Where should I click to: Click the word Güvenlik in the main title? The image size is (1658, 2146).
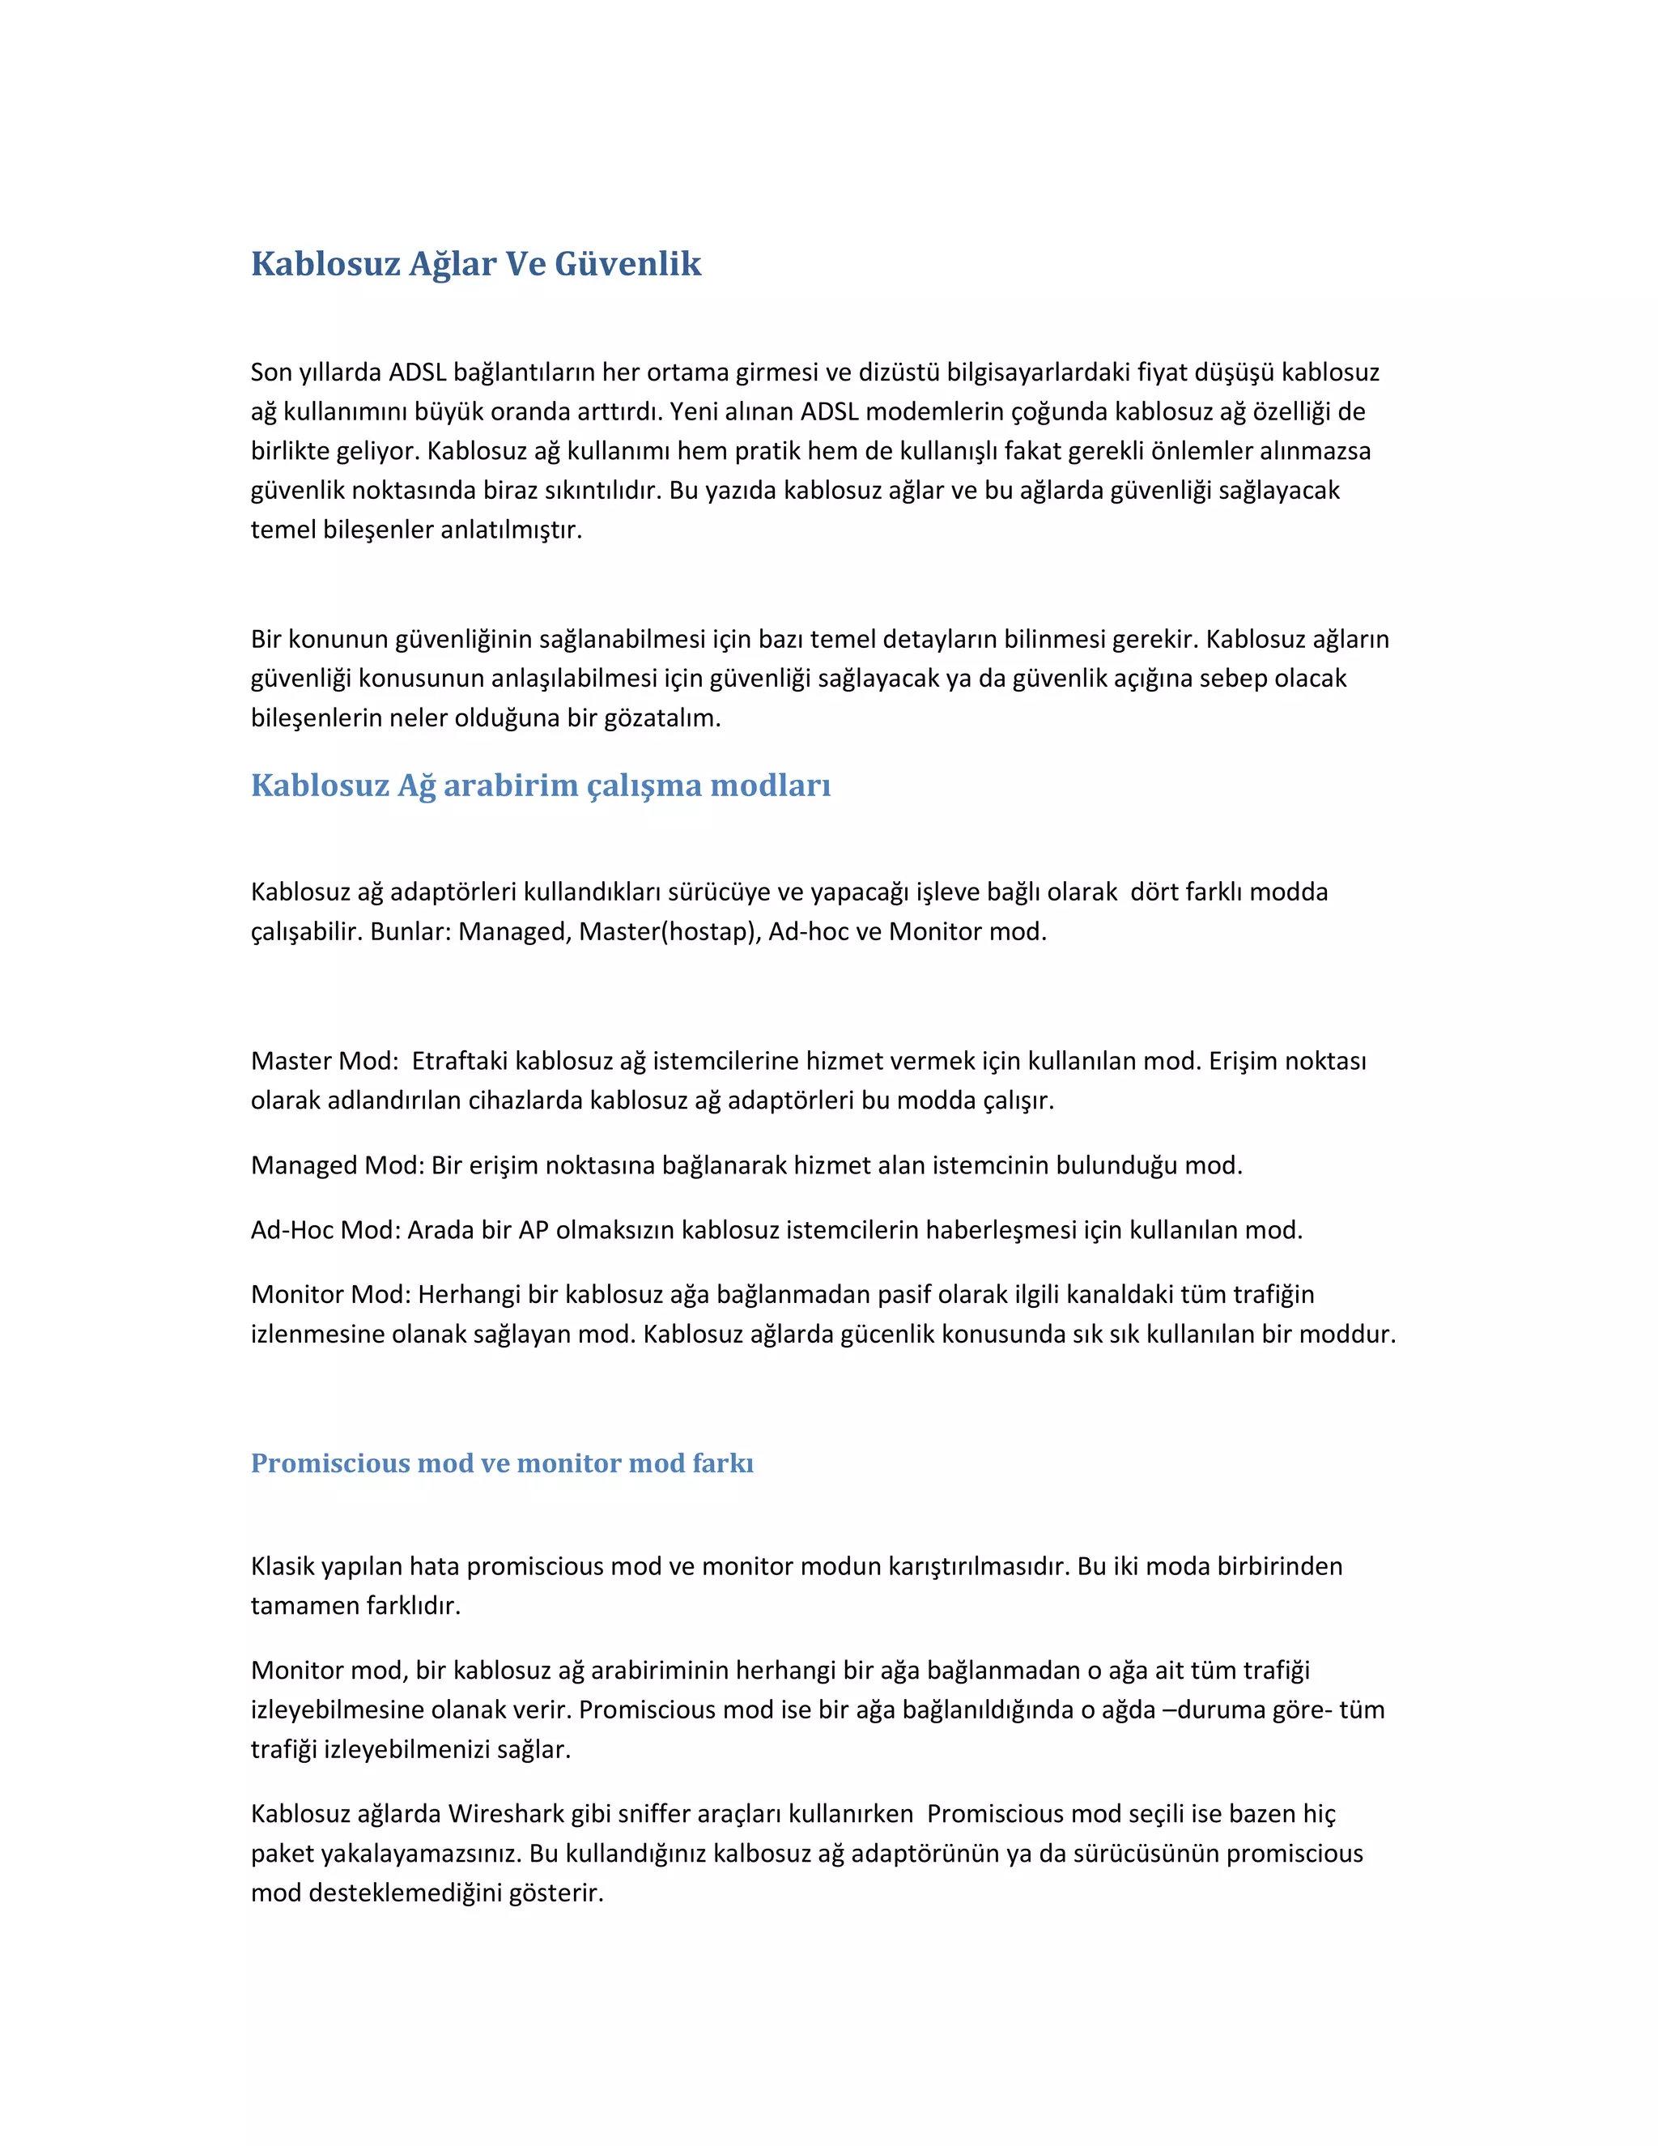click(627, 263)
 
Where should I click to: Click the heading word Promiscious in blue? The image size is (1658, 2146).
click(329, 1463)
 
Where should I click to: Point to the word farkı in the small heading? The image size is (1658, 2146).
click(722, 1463)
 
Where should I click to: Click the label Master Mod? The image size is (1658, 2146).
click(324, 1061)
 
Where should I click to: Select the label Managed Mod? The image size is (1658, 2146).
click(337, 1165)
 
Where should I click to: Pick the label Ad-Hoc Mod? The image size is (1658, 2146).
click(325, 1230)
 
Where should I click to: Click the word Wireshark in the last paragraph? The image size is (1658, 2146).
click(506, 1814)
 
